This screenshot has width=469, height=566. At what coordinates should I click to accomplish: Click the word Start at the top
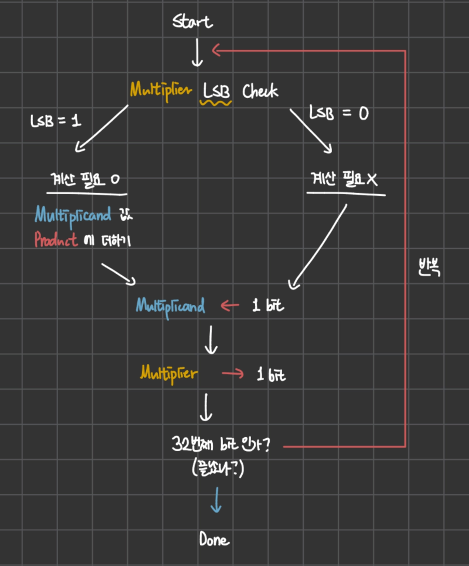[192, 21]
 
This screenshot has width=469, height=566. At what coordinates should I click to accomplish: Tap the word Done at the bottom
[214, 539]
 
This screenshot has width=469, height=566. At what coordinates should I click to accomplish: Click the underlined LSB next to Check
[216, 90]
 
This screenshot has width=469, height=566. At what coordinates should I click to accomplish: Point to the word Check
[260, 91]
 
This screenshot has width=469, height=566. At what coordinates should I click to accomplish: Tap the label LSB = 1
[56, 120]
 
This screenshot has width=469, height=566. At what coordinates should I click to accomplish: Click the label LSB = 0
[339, 113]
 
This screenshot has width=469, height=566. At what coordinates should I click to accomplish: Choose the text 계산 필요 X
[344, 179]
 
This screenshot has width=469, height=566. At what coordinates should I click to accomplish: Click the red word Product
[56, 239]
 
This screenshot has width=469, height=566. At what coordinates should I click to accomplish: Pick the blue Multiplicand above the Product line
[73, 215]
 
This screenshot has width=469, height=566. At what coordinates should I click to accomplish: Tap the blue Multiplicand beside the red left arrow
[171, 307]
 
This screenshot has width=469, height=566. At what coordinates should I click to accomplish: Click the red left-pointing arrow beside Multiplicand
[230, 306]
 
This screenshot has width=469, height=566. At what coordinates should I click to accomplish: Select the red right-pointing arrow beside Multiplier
[233, 373]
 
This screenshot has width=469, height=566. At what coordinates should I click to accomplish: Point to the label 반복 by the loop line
[430, 267]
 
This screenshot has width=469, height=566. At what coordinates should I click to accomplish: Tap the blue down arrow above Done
[216, 500]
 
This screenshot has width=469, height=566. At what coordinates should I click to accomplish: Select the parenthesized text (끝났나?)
[218, 468]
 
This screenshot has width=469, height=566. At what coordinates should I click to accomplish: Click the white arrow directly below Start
[197, 52]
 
